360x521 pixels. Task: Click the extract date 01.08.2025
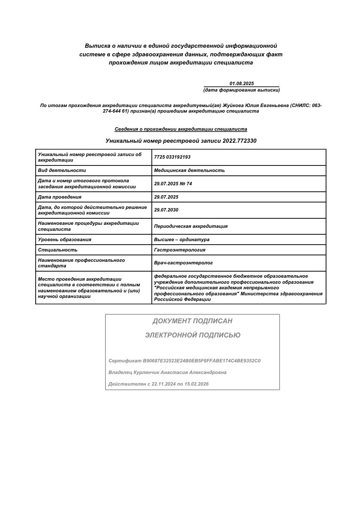242,83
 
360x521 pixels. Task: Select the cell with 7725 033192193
172,157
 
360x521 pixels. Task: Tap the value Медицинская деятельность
189,170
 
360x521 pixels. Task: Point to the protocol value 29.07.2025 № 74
173,184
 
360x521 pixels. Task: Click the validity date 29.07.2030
166,210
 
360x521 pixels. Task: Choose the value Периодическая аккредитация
191,226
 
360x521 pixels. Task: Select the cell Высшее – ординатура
182,239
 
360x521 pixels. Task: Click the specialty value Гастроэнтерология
179,250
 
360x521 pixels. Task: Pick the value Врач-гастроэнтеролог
183,263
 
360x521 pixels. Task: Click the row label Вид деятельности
62,170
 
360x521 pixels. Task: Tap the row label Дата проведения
60,197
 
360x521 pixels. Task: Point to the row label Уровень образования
65,239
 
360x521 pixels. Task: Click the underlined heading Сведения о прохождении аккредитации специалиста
181,129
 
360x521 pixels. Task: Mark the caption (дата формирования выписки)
241,90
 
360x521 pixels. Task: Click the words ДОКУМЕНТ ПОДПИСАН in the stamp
192,321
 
